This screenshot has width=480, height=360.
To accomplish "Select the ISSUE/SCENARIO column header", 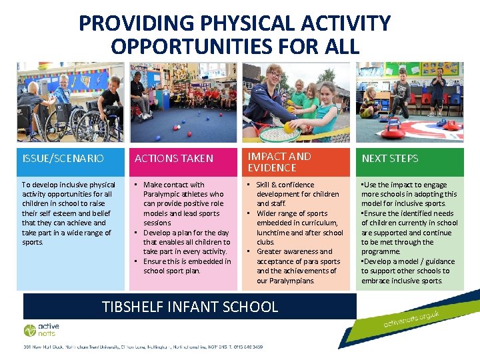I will (63, 159).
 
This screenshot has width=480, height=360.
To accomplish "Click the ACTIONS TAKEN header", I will (174, 159).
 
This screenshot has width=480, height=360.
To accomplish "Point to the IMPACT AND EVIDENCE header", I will (279, 162).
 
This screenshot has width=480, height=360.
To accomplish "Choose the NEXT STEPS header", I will (390, 159).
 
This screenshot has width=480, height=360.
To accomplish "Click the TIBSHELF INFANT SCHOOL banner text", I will (190, 307).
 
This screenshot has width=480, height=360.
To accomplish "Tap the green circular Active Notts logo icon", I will (30, 330).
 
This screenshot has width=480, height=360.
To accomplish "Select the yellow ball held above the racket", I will (288, 127).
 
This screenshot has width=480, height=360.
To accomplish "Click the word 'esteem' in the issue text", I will (65, 213).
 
